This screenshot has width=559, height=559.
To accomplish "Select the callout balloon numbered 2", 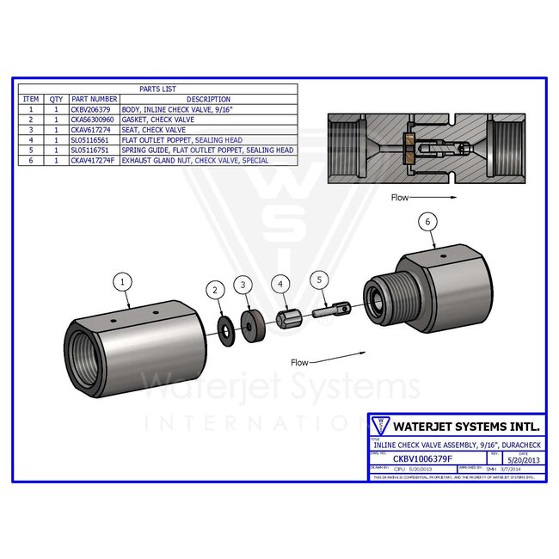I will (x=214, y=291).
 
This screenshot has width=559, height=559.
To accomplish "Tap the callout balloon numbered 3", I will (x=244, y=283).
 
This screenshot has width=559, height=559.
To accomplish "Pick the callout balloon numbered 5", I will (x=319, y=279).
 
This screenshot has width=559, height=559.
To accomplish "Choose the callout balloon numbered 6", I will (x=425, y=221).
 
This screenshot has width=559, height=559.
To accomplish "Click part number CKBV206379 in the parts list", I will (x=94, y=110).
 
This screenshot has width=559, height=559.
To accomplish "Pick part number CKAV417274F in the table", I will (x=94, y=160).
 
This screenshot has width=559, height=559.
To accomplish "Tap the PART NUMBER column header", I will (x=94, y=99).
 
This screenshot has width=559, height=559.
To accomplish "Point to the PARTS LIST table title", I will (x=155, y=89).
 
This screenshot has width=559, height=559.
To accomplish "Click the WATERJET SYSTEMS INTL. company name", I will (x=465, y=425).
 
